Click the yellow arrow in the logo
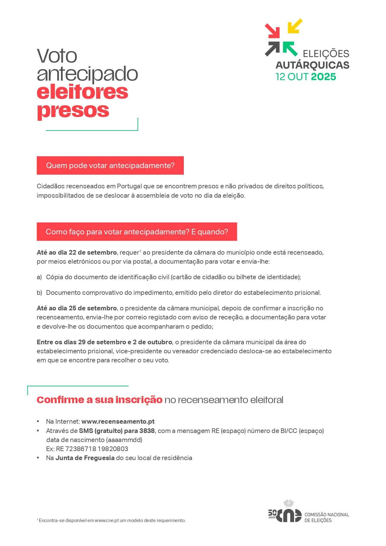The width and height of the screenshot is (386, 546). point(295,26)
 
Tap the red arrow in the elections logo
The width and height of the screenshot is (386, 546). point(272,31)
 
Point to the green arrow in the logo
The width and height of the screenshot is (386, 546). point(290,49)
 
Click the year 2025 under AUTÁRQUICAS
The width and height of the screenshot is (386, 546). point(323,77)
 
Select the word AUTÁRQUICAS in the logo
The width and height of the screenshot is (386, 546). point(312,65)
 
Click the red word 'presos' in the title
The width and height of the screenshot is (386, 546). point(73,110)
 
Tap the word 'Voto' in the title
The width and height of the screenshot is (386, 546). point(57,56)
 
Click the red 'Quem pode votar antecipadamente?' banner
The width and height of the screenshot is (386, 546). point(110,166)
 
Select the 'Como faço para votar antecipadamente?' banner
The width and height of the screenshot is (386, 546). point(137,232)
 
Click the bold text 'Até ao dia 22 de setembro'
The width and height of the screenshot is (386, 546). point(77,252)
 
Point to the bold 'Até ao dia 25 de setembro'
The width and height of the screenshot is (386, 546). point(77,308)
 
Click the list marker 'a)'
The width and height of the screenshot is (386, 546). point(39,277)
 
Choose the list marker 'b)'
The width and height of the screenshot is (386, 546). point(39,293)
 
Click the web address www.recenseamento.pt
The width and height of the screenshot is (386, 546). point(118,421)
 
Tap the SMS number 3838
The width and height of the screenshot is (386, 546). point(147,431)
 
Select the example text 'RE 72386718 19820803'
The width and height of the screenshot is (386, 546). point(92,449)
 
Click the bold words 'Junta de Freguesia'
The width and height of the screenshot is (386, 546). point(85,458)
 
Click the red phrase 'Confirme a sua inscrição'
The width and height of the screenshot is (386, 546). point(100,400)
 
